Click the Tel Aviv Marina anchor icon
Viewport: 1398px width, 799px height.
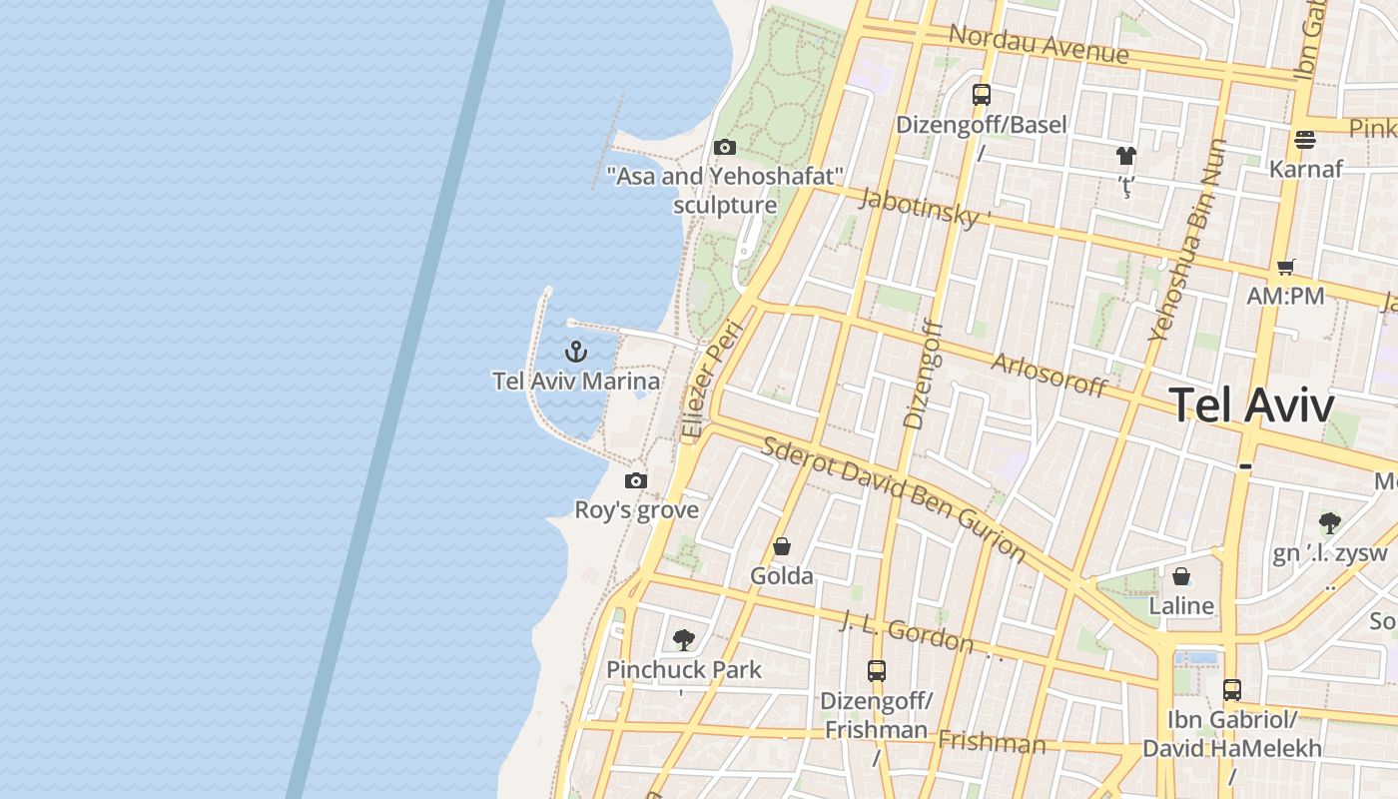click(575, 352)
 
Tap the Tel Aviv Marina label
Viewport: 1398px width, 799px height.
click(576, 381)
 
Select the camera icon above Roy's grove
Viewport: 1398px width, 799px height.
click(636, 481)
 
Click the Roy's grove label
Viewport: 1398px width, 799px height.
click(636, 510)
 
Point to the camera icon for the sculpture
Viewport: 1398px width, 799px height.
click(725, 148)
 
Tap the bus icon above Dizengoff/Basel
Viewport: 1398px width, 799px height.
click(982, 95)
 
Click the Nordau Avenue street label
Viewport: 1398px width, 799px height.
click(1039, 43)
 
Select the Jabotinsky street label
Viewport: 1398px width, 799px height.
click(925, 207)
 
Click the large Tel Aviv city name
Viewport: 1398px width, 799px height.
click(1251, 405)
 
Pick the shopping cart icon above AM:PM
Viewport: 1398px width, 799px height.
click(1285, 267)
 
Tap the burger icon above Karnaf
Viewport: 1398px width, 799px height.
click(1305, 140)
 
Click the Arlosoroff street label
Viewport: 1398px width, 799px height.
click(1049, 375)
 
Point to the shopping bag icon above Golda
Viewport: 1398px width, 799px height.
click(782, 547)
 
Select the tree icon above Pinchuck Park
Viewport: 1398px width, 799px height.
click(684, 640)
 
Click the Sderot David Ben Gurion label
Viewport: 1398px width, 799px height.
click(894, 498)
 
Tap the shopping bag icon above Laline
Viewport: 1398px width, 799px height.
click(1181, 577)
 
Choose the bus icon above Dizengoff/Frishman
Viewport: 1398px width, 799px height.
click(877, 671)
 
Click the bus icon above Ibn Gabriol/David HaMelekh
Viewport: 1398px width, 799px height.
click(1232, 690)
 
